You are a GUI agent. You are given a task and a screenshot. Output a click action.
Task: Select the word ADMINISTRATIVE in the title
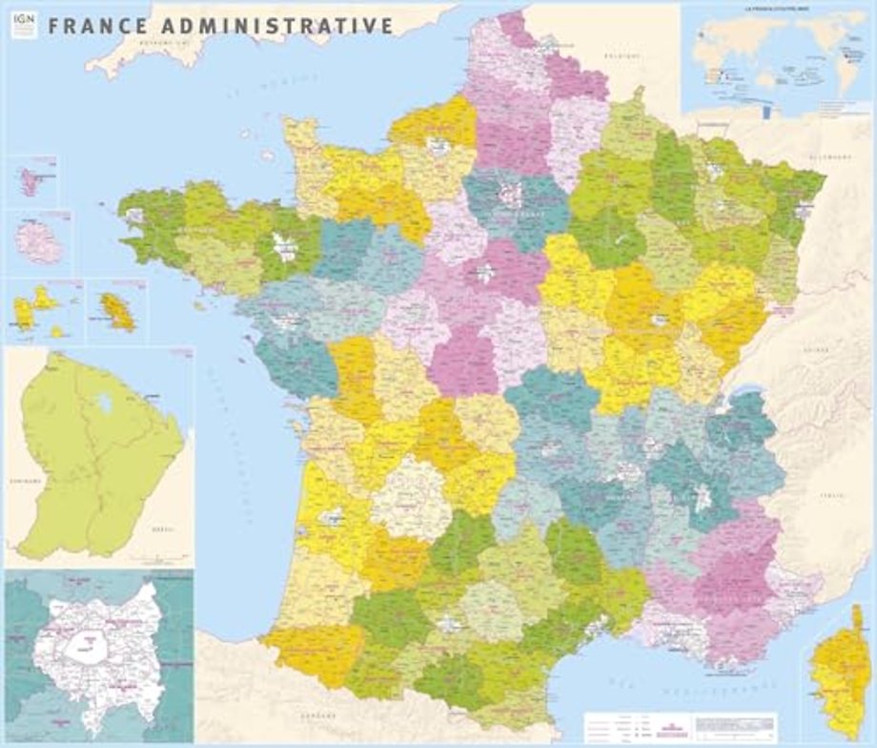pyautogui.click(x=276, y=26)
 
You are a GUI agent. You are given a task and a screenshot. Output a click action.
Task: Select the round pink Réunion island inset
pyautogui.click(x=40, y=243)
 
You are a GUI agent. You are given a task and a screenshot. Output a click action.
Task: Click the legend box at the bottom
pyautogui.click(x=682, y=728)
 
